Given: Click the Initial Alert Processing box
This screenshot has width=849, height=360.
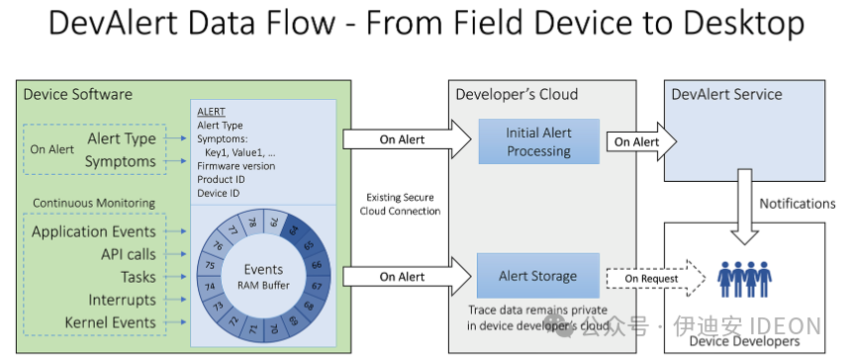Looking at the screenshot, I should [x=538, y=141].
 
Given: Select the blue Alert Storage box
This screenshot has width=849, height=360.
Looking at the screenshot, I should [x=538, y=276].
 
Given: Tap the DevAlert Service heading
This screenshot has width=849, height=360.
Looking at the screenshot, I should [x=726, y=95].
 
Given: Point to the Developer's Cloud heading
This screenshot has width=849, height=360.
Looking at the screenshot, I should [x=516, y=95].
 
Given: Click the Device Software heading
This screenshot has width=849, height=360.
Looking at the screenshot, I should [x=78, y=95].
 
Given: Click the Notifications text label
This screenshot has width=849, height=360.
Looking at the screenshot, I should [x=797, y=204].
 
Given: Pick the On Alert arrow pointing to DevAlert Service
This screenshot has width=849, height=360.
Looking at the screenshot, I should [x=635, y=141].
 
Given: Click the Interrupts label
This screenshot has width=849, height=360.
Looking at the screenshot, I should [x=117, y=300].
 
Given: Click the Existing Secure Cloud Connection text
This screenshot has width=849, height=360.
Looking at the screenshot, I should [x=402, y=204].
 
